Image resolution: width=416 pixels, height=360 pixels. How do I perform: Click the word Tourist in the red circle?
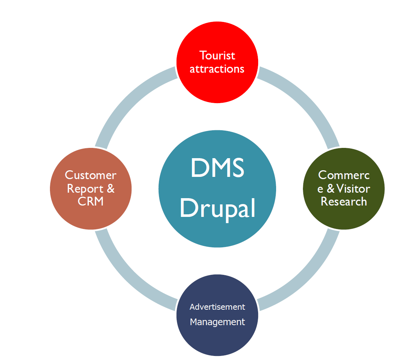pyautogui.click(x=217, y=55)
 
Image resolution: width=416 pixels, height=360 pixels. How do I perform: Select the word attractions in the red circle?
pyautogui.click(x=217, y=69)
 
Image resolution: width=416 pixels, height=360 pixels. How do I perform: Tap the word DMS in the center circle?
pyautogui.click(x=217, y=168)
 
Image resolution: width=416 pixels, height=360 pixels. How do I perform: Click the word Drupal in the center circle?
pyautogui.click(x=218, y=208)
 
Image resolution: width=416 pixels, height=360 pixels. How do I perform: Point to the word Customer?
pyautogui.click(x=91, y=175)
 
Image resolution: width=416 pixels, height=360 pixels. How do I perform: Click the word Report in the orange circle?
pyautogui.click(x=85, y=189)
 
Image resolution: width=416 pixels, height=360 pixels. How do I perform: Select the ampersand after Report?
pyautogui.click(x=111, y=188)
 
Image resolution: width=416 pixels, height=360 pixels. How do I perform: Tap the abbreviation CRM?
pyautogui.click(x=90, y=201)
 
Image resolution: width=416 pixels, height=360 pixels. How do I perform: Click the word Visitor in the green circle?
pyautogui.click(x=353, y=189)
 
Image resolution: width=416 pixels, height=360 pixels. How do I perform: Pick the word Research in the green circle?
pyautogui.click(x=344, y=201)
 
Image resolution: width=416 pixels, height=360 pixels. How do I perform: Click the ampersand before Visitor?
pyautogui.click(x=330, y=189)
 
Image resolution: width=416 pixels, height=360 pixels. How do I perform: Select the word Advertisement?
pyautogui.click(x=217, y=307)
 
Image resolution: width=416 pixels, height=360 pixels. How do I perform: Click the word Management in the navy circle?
pyautogui.click(x=217, y=322)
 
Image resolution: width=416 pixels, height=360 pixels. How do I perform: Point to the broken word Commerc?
pyautogui.click(x=344, y=175)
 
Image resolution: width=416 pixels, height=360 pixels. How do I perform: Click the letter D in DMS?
pyautogui.click(x=199, y=168)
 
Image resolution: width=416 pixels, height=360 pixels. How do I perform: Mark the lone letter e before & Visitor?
pyautogui.click(x=320, y=189)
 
